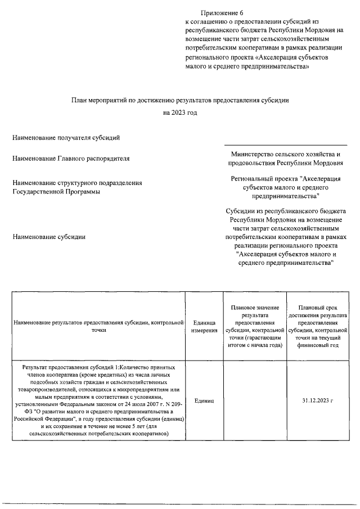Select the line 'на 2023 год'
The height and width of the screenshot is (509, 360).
pos(180,112)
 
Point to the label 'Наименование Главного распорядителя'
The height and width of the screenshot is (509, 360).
pos(71,159)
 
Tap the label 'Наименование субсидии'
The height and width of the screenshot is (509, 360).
pos(49,237)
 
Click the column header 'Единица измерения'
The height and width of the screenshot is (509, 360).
pos(204,327)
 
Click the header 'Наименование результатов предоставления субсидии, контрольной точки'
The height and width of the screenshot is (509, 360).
pos(98,327)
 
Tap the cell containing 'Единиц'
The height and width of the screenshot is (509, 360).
pos(204,400)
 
